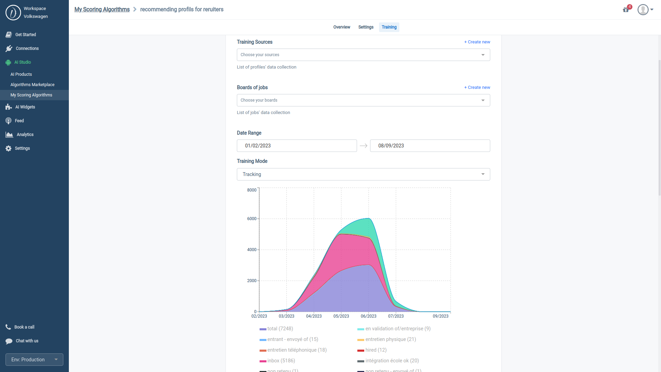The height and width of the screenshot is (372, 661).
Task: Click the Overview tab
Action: tap(342, 27)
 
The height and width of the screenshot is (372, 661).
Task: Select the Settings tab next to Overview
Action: tap(366, 27)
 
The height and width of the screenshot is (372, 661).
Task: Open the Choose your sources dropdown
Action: tap(363, 55)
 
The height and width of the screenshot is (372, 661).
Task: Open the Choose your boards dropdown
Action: tap(363, 100)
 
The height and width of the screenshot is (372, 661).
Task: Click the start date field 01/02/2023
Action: tap(296, 146)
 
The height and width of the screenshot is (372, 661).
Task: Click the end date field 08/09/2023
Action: tap(430, 146)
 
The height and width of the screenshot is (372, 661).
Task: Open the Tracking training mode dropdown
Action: tap(363, 174)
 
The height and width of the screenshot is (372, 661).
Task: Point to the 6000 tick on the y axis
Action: tap(252, 219)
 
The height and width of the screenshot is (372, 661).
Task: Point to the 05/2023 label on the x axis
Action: tap(341, 316)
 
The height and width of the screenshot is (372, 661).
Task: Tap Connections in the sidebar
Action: tap(27, 49)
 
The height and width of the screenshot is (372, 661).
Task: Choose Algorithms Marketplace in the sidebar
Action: tap(32, 85)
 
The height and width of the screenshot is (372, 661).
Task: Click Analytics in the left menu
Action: tap(25, 135)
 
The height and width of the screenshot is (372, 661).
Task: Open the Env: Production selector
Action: tap(34, 360)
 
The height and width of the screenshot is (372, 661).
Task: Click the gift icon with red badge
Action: tap(626, 10)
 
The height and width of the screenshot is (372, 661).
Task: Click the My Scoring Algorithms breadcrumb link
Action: tap(102, 9)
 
